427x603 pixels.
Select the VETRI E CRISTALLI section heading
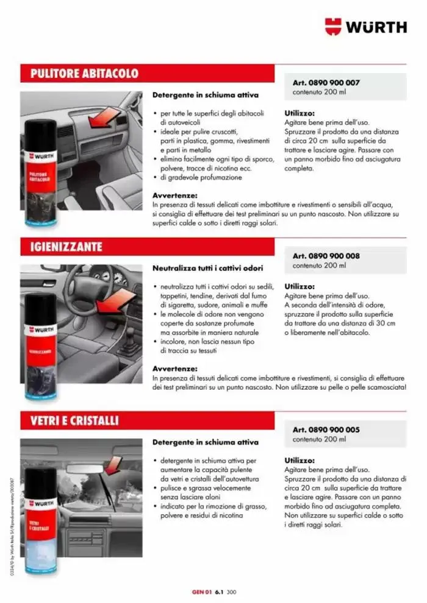click(75, 421)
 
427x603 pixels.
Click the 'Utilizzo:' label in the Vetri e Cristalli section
click(300, 460)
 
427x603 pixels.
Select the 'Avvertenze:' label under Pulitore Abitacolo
click(175, 196)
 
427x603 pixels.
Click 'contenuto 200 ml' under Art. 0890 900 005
click(319, 439)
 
